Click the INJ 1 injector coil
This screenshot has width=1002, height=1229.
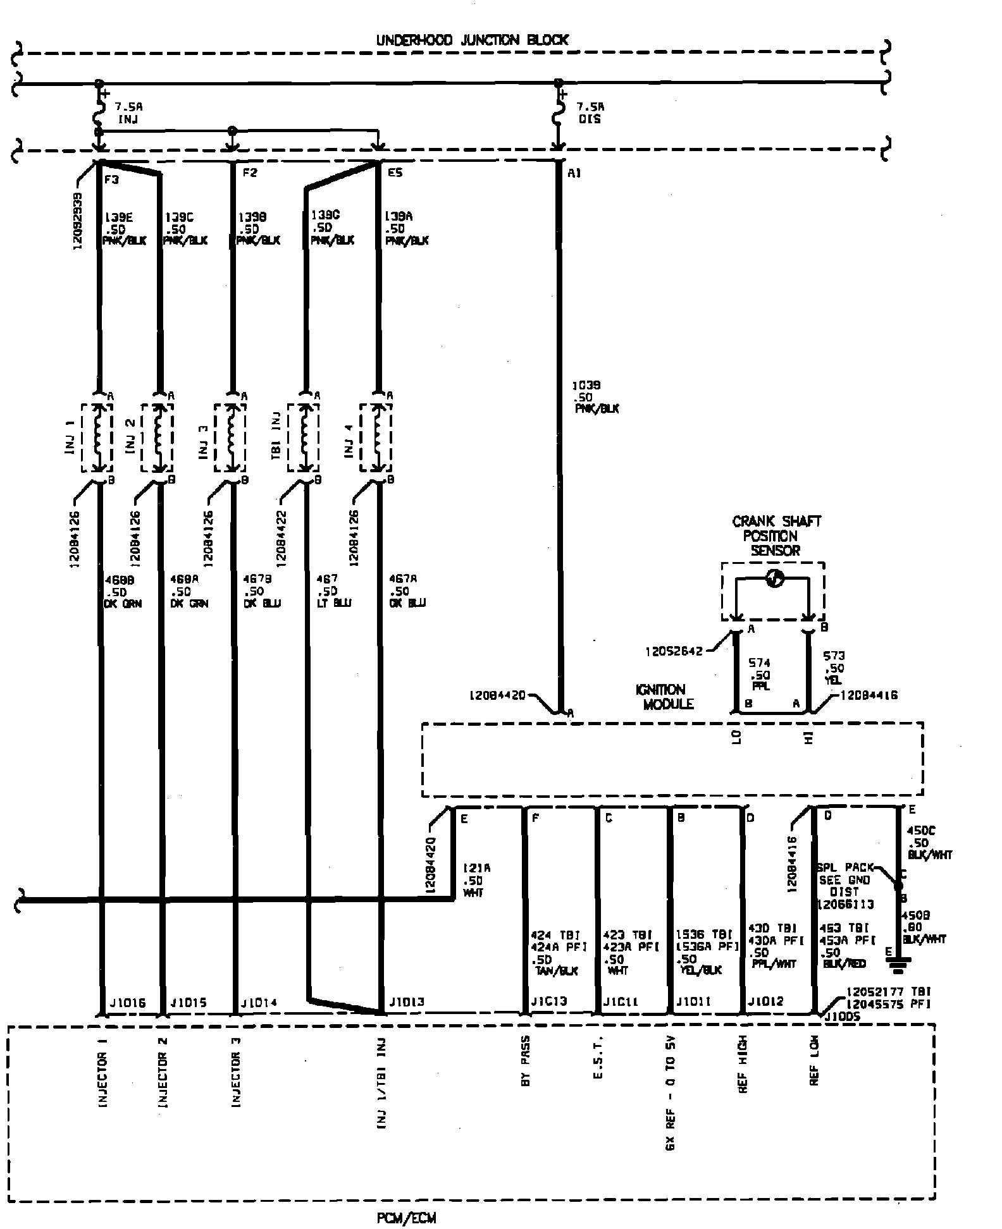[98, 437]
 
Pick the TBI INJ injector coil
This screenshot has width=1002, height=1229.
[305, 437]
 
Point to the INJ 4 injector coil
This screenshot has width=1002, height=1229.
[378, 437]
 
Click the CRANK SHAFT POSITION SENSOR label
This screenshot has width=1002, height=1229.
[776, 535]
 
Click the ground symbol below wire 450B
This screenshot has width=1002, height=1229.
[898, 963]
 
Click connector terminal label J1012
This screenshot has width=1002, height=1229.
[766, 1002]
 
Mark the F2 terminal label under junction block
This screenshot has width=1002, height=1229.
[250, 173]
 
